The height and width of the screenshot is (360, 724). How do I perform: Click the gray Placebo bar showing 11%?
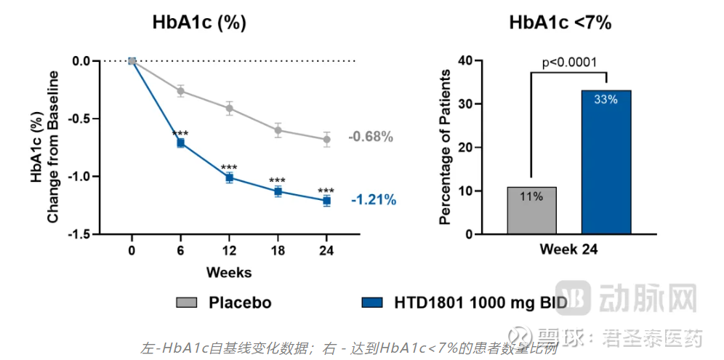point(531,211)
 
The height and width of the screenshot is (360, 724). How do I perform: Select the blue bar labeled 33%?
point(606,162)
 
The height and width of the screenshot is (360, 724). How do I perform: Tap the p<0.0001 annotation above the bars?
point(569,62)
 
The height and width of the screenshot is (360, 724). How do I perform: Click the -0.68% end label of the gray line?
point(371,137)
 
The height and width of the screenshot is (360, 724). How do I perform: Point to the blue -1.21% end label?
point(373,200)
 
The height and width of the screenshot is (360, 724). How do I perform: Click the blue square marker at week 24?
point(326,200)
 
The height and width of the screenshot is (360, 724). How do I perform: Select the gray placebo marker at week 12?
point(229,108)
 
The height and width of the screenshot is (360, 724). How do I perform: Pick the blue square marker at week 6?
point(180,143)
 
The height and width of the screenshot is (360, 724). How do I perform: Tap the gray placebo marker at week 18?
point(278,130)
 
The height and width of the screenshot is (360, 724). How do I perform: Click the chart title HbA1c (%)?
point(199,23)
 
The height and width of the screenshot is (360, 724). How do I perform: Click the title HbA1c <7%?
point(560,23)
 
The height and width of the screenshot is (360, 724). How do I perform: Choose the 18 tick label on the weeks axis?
point(278,252)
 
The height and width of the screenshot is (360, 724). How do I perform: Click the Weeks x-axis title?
point(229,273)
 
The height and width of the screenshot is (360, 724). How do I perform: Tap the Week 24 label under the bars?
point(569,249)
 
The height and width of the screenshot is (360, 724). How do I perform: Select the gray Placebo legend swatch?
point(186,303)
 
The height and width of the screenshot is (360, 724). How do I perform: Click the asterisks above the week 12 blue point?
point(229,167)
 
